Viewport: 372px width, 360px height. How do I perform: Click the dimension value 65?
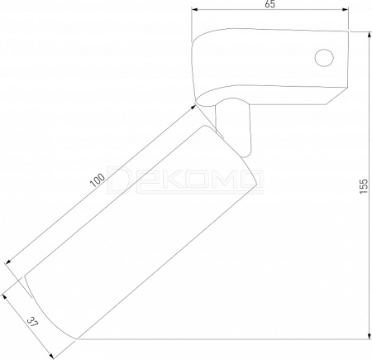[x=270, y=4]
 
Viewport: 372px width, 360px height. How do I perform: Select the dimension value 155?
[x=364, y=186]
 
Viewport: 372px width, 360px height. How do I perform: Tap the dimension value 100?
[x=98, y=180]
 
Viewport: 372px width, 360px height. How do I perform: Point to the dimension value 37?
[x=32, y=322]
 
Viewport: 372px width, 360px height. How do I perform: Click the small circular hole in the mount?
[x=324, y=58]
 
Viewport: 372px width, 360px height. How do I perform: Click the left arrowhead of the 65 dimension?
[x=195, y=9]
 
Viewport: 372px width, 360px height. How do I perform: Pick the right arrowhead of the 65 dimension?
[x=345, y=9]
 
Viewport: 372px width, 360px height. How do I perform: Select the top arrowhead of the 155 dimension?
[x=370, y=36]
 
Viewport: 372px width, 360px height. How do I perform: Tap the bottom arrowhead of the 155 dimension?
[x=370, y=335]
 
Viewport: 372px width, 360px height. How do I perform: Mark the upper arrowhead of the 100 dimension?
[x=193, y=108]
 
